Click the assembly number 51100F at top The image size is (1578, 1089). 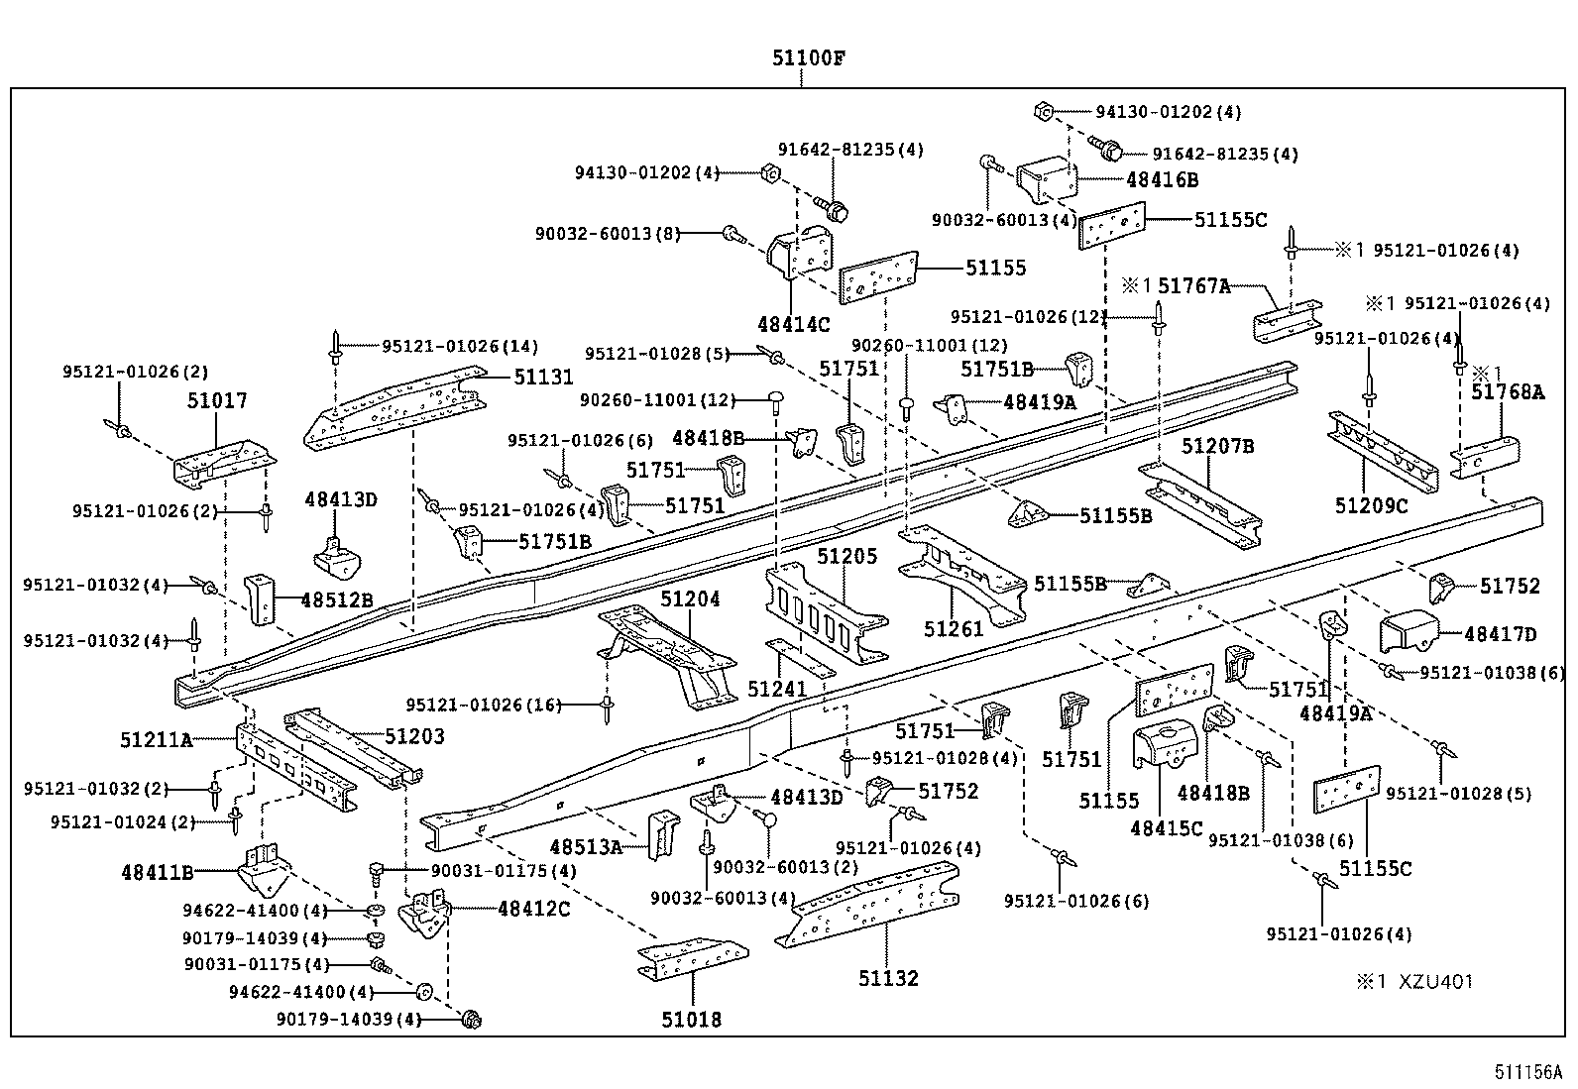(x=808, y=57)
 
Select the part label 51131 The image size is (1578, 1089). (x=543, y=377)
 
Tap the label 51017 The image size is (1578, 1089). (x=217, y=401)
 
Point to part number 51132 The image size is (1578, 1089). (x=888, y=979)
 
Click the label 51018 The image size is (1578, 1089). (x=691, y=1019)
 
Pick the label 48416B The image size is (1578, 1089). (x=1162, y=180)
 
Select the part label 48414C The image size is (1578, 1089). (x=793, y=323)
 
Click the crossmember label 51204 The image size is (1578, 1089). (x=690, y=599)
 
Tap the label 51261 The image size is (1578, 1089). (x=954, y=629)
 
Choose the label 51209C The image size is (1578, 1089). (x=1371, y=506)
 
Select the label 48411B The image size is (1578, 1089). (x=157, y=872)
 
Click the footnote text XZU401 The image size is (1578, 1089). (x=1435, y=982)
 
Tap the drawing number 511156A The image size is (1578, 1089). (x=1527, y=1072)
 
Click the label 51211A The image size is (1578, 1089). (x=156, y=739)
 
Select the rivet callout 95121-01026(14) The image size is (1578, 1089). (x=460, y=346)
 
